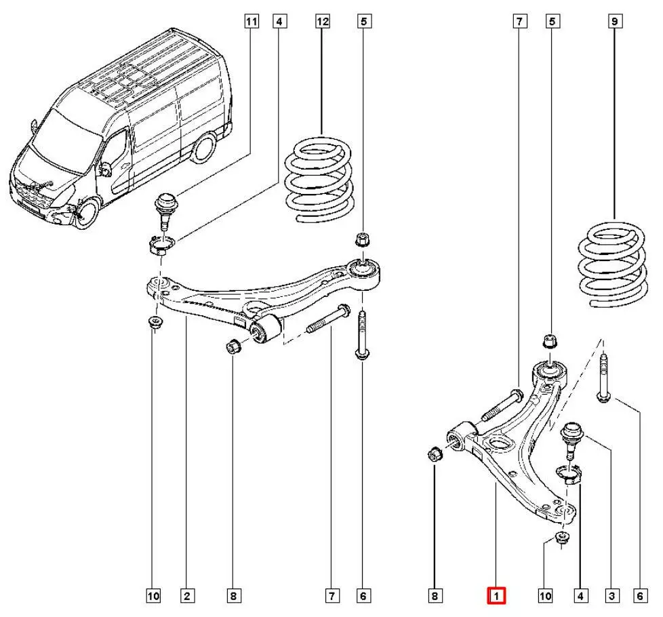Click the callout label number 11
point(252,22)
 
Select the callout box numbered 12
point(323,22)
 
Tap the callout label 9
point(615,22)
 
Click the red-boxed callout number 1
point(496,596)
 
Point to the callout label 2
point(185,596)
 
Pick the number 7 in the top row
point(518,22)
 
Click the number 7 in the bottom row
point(332,596)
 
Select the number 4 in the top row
point(279,22)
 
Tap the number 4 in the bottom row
point(580,596)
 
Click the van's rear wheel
point(201,149)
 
